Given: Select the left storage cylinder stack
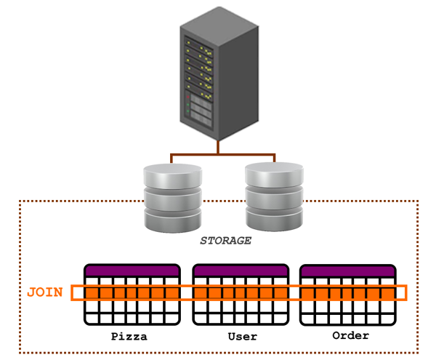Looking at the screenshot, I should [x=172, y=196].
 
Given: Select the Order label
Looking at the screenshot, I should [x=350, y=336].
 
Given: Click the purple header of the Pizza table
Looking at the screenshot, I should [x=132, y=271].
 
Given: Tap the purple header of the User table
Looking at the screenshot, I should [x=241, y=271].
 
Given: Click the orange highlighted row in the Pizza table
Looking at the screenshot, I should [x=132, y=292].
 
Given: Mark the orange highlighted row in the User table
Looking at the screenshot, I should [x=241, y=292].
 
